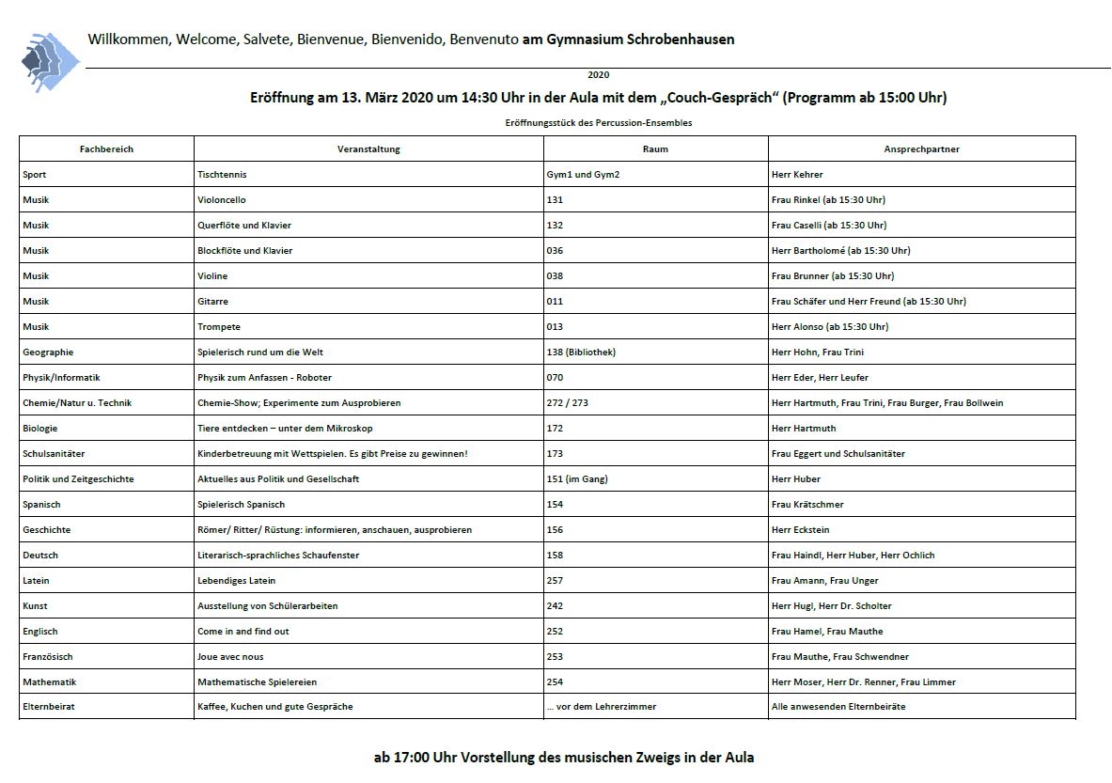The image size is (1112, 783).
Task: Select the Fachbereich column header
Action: pos(106,149)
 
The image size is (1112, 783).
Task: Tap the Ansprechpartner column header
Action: pos(921,149)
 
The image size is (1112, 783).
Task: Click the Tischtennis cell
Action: pos(223,175)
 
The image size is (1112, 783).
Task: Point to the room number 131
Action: pos(555,200)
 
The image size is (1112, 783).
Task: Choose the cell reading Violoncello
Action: pos(222,200)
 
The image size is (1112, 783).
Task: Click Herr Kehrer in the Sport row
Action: pos(797,175)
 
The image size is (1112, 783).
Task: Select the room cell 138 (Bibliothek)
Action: pos(581,352)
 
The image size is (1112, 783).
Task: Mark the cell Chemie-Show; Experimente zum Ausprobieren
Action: pos(299,403)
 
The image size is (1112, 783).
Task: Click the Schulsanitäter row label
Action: pos(54,454)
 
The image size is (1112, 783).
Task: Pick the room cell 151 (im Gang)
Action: pos(577,479)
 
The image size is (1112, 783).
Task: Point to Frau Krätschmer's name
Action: pos(807,505)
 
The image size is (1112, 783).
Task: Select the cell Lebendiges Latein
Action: pos(236,581)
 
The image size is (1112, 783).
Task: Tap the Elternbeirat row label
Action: pos(48,707)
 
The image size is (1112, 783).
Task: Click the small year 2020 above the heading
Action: pos(599,75)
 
